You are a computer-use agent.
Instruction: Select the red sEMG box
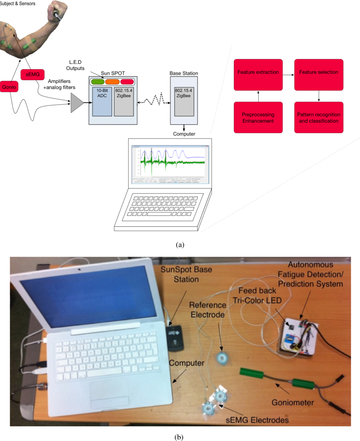click(x=32, y=75)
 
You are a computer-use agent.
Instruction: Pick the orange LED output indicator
click(x=112, y=82)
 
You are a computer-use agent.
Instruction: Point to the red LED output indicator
click(x=127, y=82)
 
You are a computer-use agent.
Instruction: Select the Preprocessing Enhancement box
click(x=257, y=118)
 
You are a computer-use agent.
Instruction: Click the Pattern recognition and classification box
click(x=318, y=118)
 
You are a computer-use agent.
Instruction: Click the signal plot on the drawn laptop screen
click(x=170, y=161)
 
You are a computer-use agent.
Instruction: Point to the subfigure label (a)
click(x=180, y=244)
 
